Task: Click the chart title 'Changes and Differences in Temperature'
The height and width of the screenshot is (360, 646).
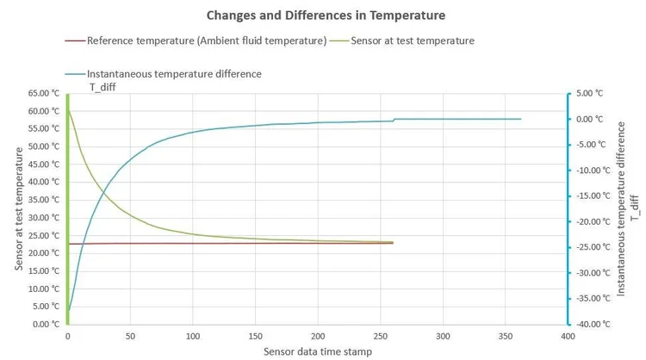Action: point(323,16)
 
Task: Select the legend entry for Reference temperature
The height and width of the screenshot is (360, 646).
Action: point(206,40)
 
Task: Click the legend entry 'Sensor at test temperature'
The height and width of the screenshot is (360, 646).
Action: point(415,40)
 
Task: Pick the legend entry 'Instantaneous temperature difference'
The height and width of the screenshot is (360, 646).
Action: point(176,74)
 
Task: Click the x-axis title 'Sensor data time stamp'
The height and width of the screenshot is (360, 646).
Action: point(317,351)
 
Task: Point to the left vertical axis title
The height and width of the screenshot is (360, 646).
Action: point(18,208)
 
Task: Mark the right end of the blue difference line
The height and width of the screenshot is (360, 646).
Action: point(521,119)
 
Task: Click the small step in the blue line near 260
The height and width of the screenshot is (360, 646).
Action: point(394,120)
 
